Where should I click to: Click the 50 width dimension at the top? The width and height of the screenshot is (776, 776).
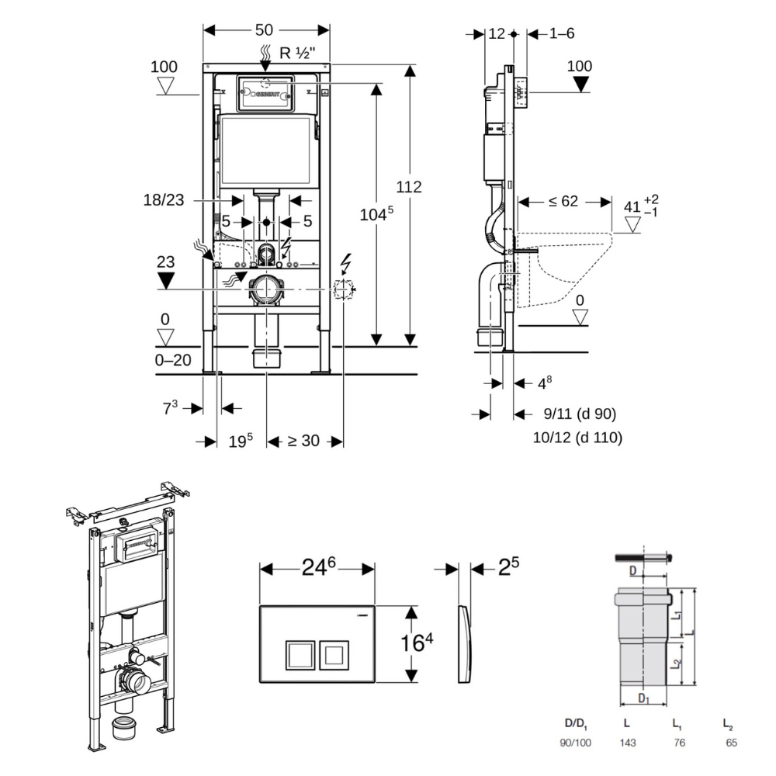tap(264, 30)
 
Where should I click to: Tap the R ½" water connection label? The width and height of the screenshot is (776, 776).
tap(296, 54)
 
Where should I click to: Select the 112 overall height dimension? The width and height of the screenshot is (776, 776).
tap(409, 187)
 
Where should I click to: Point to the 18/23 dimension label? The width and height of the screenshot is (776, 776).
tap(164, 199)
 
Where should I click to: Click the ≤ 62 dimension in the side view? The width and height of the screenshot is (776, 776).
tap(563, 202)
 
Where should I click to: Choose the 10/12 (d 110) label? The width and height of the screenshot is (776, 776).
tap(577, 437)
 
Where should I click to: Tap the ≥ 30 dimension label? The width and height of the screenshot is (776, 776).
tap(304, 441)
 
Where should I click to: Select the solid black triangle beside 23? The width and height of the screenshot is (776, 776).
tap(166, 280)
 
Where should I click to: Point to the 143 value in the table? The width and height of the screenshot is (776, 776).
tap(628, 743)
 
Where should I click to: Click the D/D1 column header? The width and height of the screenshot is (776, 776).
tap(576, 723)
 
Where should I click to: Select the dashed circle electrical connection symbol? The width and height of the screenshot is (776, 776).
tap(342, 290)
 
